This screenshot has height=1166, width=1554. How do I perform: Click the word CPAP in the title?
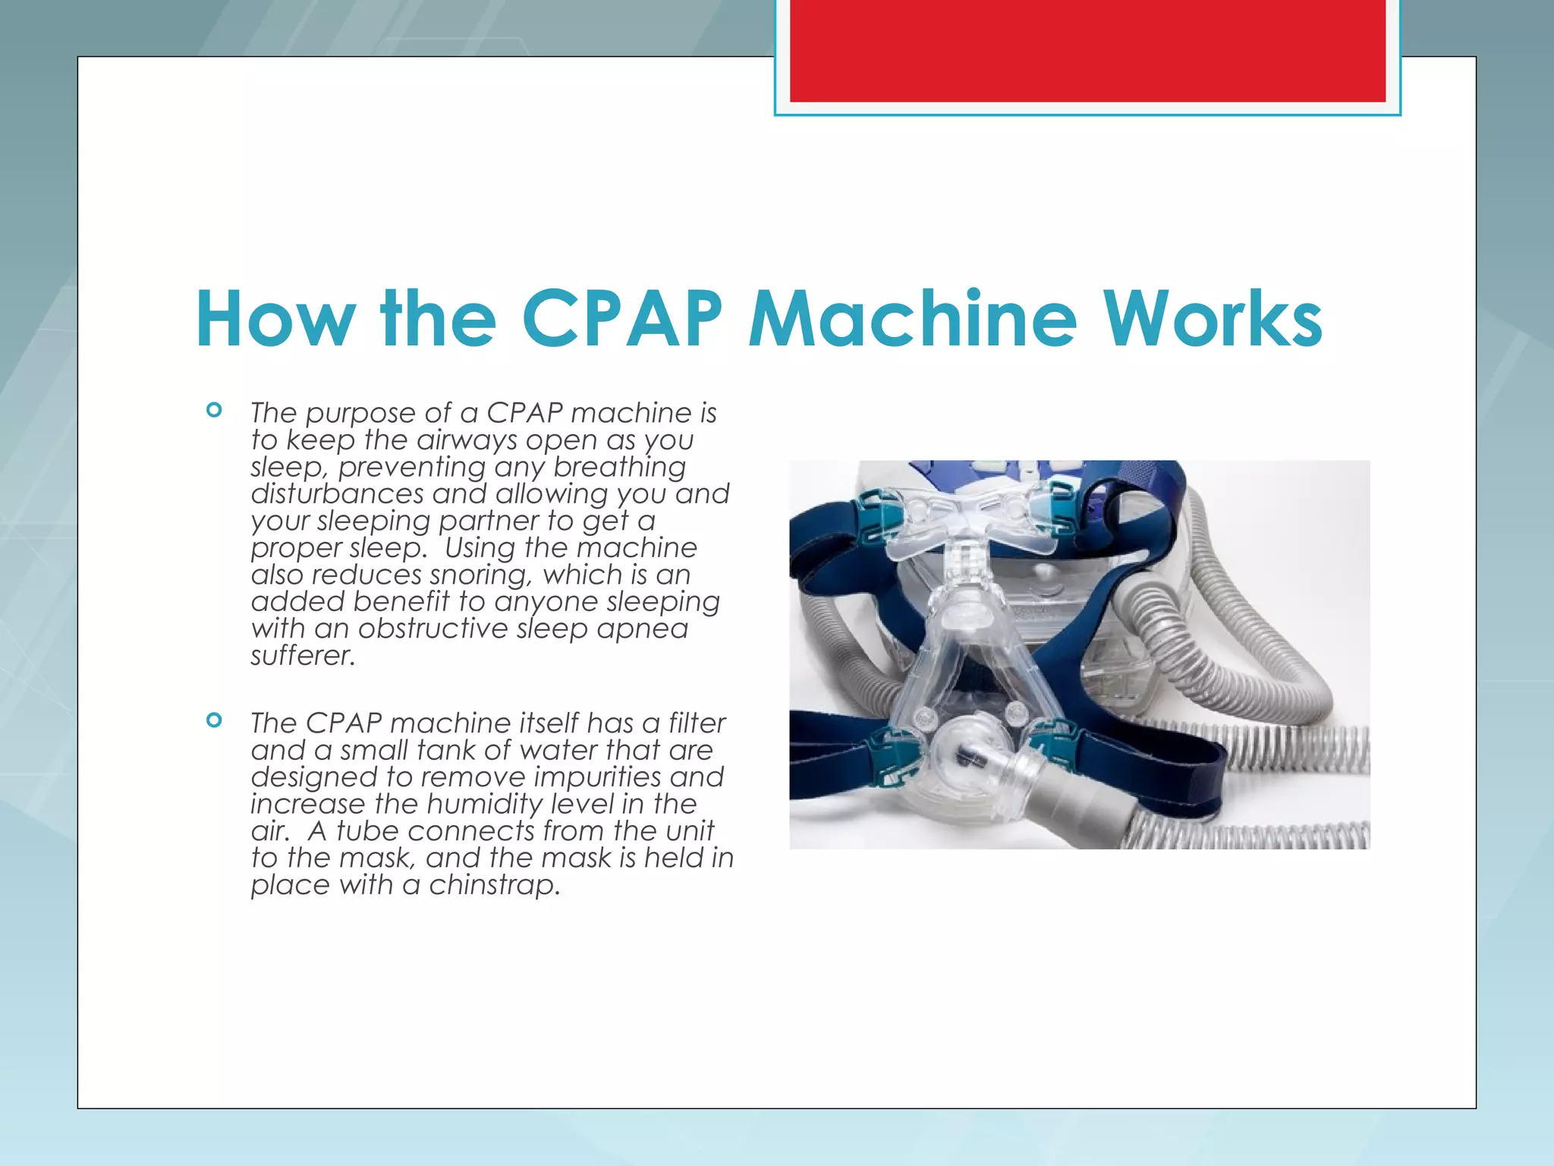click(x=622, y=319)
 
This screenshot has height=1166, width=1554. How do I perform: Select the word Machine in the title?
click(x=912, y=319)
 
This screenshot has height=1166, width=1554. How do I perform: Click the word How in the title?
click(x=275, y=319)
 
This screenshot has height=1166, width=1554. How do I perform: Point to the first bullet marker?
click(x=214, y=411)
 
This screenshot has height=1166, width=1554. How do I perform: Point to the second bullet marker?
click(x=214, y=720)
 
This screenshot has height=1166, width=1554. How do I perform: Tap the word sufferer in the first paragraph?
click(x=302, y=656)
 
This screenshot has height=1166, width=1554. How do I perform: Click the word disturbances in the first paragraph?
click(x=337, y=494)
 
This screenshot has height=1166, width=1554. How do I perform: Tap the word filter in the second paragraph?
click(x=697, y=723)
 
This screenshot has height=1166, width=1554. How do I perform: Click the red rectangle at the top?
click(x=1087, y=51)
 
